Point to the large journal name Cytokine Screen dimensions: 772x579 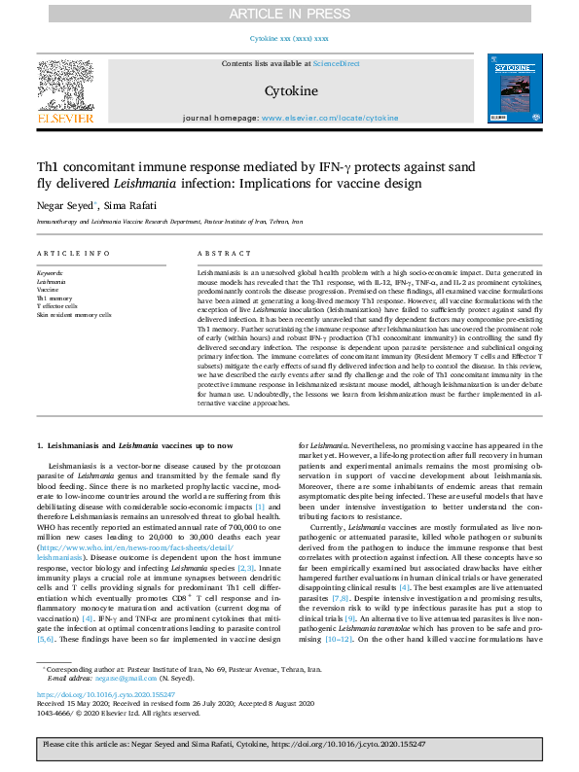[289, 89]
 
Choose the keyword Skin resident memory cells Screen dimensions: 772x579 [74, 315]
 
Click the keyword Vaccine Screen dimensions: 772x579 [48, 290]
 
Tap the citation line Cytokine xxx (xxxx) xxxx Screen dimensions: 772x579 [289, 38]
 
